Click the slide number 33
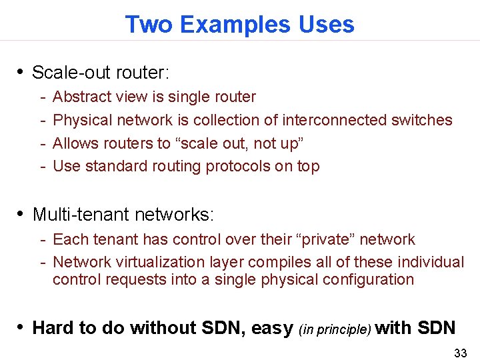[x=460, y=353]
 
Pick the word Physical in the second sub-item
[x=82, y=120]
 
